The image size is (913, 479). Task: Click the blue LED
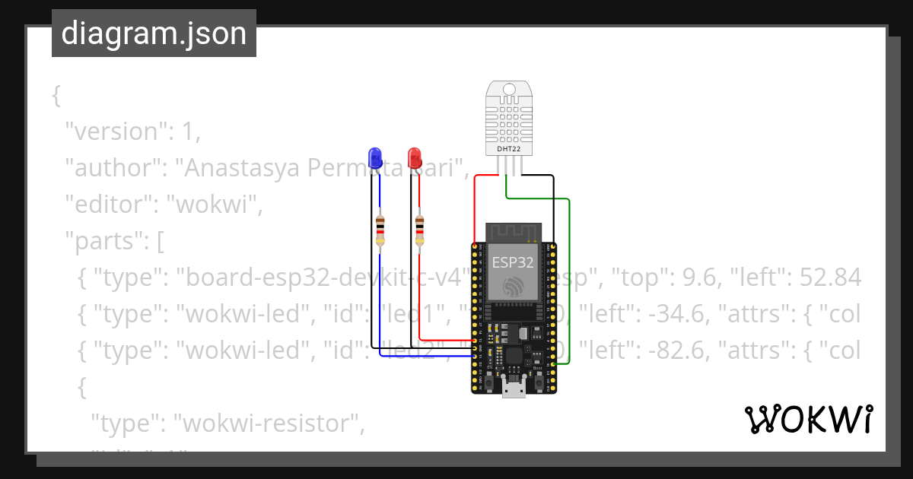click(374, 157)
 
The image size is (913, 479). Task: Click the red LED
click(415, 157)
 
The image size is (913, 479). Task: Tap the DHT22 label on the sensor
click(509, 149)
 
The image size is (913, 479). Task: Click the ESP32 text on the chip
click(513, 263)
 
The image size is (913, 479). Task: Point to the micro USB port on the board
click(514, 389)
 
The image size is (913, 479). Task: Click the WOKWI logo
click(808, 420)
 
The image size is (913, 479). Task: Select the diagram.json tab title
click(154, 33)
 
